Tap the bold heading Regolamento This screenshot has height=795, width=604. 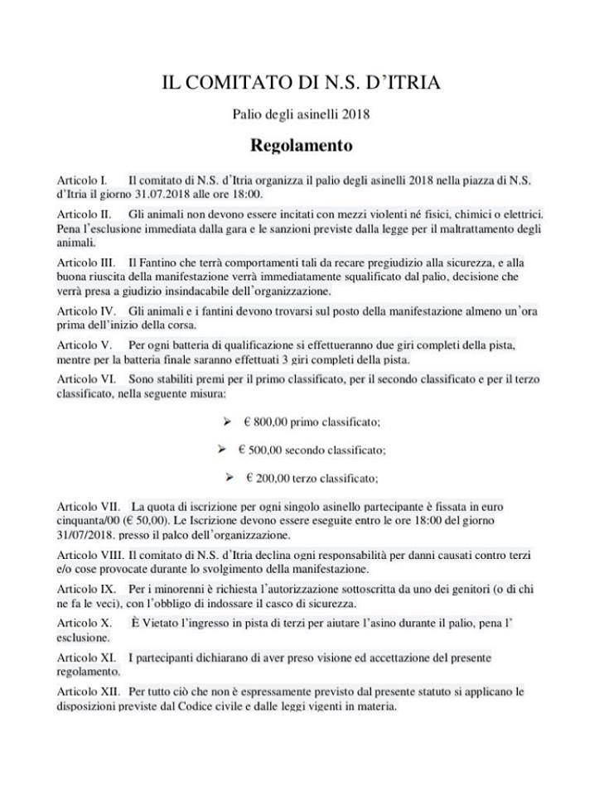click(x=302, y=146)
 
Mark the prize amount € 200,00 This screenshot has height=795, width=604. click(x=267, y=478)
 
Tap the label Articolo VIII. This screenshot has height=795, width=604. click(x=90, y=553)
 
